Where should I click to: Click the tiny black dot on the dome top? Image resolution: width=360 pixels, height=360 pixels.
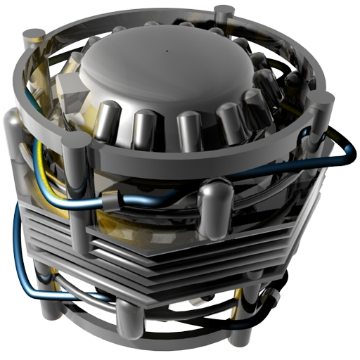pos(167,51)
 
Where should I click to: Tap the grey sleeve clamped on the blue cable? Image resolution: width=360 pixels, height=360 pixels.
pos(111,203)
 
